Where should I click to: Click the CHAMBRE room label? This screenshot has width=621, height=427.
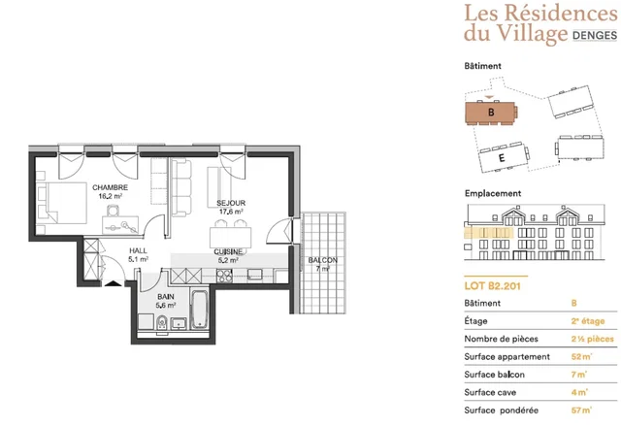click(110, 187)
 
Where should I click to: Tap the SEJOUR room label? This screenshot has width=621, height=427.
click(231, 203)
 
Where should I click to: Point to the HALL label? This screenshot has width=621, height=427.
click(138, 250)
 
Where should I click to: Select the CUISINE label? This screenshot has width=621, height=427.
click(228, 252)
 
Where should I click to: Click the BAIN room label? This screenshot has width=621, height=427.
click(166, 297)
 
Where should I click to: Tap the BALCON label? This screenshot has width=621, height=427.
click(323, 260)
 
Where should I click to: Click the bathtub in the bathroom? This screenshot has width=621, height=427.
click(199, 311)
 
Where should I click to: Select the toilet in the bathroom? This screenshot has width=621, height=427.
click(162, 323)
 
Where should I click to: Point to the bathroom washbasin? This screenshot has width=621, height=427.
click(179, 323)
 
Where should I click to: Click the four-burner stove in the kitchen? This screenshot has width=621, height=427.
click(224, 276)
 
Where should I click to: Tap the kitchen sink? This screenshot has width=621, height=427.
click(254, 274)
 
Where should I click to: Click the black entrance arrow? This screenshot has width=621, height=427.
click(114, 282)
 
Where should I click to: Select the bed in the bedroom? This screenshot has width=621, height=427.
click(62, 203)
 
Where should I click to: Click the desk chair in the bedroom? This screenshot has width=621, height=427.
click(114, 211)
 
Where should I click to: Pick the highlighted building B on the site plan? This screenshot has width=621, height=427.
click(491, 113)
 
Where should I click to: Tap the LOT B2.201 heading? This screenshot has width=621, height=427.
click(492, 286)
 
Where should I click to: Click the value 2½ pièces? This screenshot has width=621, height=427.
click(593, 339)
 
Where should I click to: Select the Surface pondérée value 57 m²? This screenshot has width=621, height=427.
click(581, 411)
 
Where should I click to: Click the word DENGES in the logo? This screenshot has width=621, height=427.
click(595, 35)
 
